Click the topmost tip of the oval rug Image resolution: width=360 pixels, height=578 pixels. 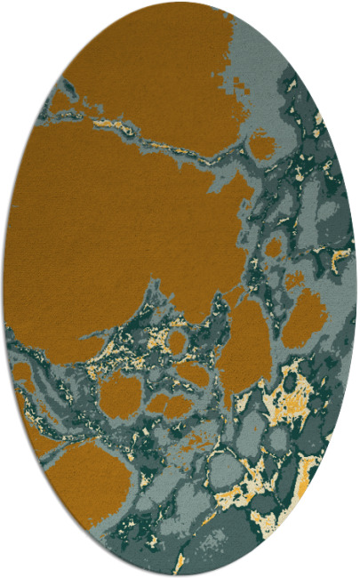click(x=180, y=4)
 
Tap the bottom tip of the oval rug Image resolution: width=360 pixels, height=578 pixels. click(x=180, y=574)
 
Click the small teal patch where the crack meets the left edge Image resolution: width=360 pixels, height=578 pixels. click(x=62, y=89)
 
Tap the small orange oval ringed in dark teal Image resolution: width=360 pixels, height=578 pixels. click(x=178, y=341)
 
